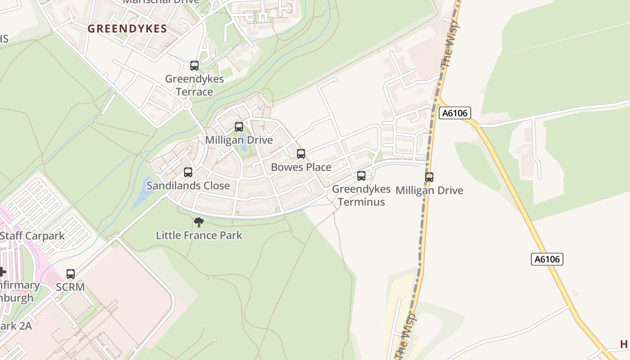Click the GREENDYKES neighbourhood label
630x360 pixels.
tap(127, 29)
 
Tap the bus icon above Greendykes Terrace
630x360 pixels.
tap(194, 66)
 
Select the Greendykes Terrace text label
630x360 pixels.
tap(194, 85)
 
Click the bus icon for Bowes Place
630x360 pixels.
tap(301, 154)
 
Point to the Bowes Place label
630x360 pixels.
tap(301, 167)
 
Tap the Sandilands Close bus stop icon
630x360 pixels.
tap(188, 172)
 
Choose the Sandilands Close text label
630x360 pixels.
tap(188, 186)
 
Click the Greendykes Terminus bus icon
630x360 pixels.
tap(361, 176)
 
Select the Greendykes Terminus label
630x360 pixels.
tap(361, 195)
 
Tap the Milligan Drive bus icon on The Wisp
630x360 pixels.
tap(429, 177)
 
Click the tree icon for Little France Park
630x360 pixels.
tap(198, 222)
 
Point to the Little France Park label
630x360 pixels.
tap(199, 235)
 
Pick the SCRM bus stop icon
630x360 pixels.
tap(71, 274)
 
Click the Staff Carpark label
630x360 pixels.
tap(32, 236)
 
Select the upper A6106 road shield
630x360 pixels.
tap(454, 113)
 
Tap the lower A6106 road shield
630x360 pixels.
tap(547, 259)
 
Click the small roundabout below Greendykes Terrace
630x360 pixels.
tap(187, 105)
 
